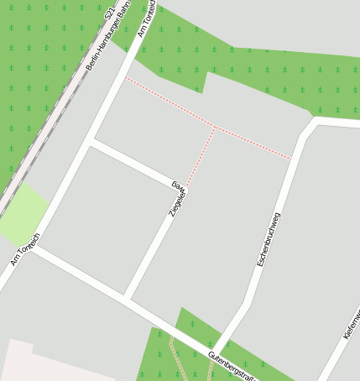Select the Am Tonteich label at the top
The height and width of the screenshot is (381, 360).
click(x=147, y=18)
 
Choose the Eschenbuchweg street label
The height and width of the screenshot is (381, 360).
click(x=269, y=240)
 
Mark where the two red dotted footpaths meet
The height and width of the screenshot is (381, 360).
click(x=215, y=128)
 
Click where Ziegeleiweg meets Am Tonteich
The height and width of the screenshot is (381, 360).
click(x=91, y=142)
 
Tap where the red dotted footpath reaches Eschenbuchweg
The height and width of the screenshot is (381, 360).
click(x=291, y=158)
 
